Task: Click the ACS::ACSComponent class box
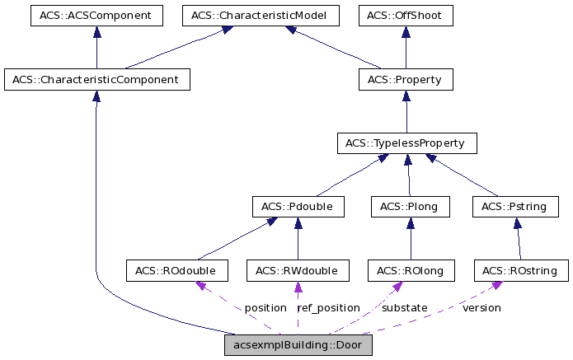96,16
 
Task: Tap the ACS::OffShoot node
406,16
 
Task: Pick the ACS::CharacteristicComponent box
96,80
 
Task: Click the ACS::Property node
405,80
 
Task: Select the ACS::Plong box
410,207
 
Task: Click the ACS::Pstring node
515,207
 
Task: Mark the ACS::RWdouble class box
298,270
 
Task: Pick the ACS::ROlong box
411,270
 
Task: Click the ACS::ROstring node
520,270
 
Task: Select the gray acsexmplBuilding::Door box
298,345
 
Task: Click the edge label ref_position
328,307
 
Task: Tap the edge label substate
404,307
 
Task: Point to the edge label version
481,307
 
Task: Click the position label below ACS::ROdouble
265,307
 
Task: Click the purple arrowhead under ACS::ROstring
496,286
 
